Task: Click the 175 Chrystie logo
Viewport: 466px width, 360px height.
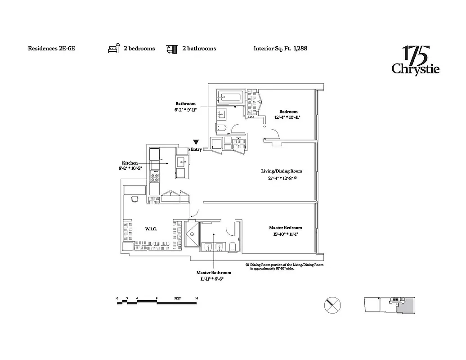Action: click(415, 60)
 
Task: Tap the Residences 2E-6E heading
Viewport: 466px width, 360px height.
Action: click(51, 49)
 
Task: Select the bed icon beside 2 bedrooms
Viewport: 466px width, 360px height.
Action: click(114, 48)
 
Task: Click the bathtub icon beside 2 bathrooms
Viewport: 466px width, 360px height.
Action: click(171, 48)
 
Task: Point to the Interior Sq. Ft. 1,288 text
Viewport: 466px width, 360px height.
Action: click(280, 49)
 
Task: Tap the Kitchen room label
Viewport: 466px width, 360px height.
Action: click(130, 163)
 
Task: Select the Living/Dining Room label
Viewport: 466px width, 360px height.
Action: click(282, 171)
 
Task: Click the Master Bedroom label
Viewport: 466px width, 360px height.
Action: click(285, 228)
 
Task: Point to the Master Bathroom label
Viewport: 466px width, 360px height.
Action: click(214, 273)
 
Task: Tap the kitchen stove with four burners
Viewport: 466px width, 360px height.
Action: click(155, 176)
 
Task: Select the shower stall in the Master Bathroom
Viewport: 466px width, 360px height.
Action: click(193, 234)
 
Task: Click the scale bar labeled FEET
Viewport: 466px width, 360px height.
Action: click(157, 302)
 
